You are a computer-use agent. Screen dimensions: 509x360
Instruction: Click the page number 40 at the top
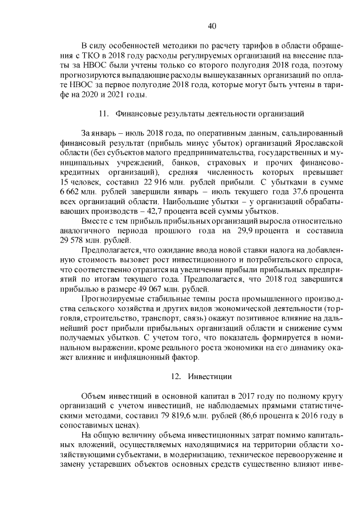(x=212, y=25)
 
